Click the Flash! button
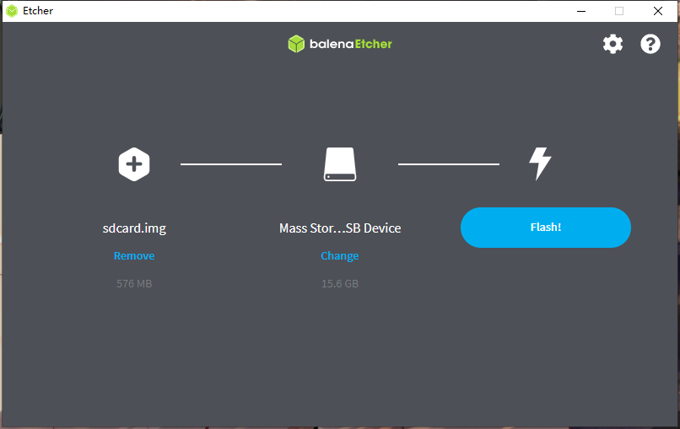click(x=545, y=228)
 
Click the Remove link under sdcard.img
click(x=134, y=255)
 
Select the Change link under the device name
click(x=339, y=255)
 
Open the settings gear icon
click(x=613, y=44)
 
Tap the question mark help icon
click(x=650, y=44)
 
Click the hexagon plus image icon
click(x=134, y=164)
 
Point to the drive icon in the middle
click(x=340, y=164)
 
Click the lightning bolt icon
click(x=540, y=164)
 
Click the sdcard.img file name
click(x=134, y=228)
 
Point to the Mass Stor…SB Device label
click(x=340, y=228)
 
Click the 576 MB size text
click(x=134, y=284)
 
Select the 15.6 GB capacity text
click(x=340, y=284)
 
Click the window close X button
click(x=658, y=11)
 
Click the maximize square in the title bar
click(x=619, y=11)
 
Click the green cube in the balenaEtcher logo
click(x=295, y=44)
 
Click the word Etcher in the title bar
click(x=38, y=11)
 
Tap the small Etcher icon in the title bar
click(x=12, y=11)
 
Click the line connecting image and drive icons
click(x=231, y=164)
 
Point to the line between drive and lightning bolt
click(x=448, y=164)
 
